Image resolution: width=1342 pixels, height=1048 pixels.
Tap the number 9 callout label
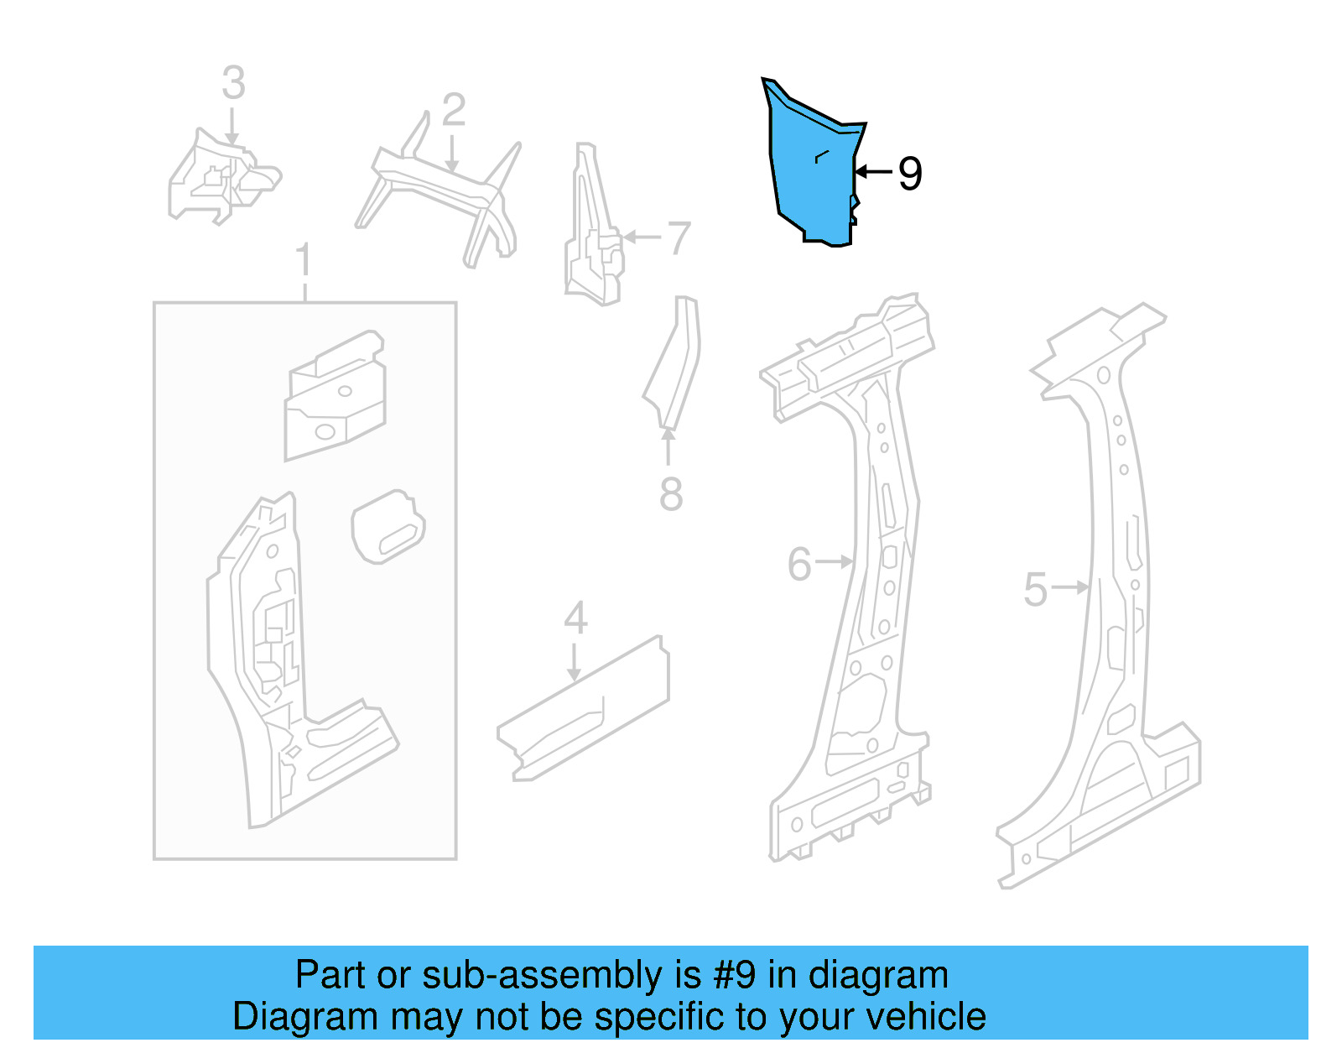point(910,174)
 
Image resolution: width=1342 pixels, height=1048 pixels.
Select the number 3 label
point(234,83)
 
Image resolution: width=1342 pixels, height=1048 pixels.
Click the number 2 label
point(453,110)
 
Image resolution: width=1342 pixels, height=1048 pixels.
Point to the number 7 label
point(679,238)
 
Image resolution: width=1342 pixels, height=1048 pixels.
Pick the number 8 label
point(671,494)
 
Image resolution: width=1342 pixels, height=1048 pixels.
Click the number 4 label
point(575,618)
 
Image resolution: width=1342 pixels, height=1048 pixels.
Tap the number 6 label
point(799,564)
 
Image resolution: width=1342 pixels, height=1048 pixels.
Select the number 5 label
point(1036,589)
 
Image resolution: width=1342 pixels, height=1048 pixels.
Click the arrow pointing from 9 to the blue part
point(873,172)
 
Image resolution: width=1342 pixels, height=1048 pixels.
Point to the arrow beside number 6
point(835,561)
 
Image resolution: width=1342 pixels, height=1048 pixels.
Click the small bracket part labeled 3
point(220,180)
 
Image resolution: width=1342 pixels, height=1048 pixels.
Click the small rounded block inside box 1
point(388,527)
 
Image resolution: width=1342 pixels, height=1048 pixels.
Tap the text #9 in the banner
point(735,976)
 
